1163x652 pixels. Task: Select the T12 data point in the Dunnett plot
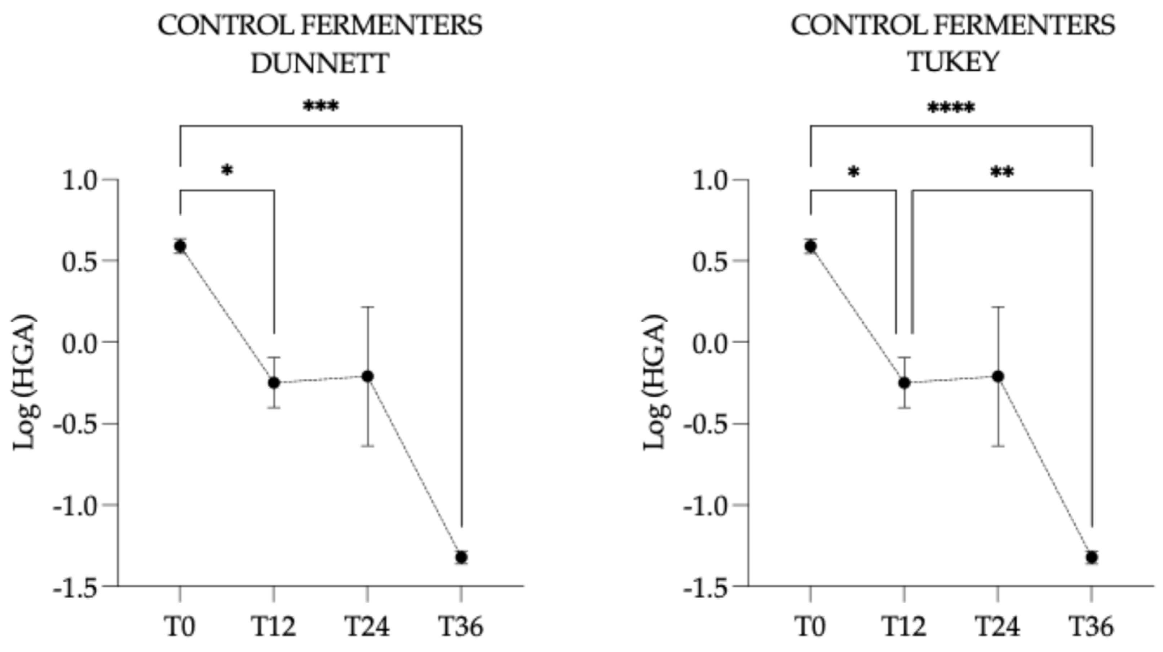[x=274, y=383]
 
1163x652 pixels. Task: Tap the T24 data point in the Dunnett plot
[x=367, y=376]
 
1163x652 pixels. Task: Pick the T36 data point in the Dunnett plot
[x=461, y=557]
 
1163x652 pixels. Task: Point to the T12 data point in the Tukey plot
[x=904, y=383]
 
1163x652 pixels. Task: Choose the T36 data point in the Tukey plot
[x=1092, y=557]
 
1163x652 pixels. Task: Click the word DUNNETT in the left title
[x=320, y=63]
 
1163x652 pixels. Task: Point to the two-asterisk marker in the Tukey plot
[x=1002, y=172]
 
